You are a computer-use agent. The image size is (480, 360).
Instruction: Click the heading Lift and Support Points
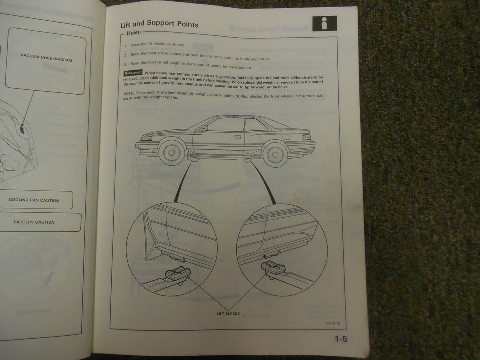pos(159,24)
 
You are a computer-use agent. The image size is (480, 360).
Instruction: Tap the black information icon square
pos(324,23)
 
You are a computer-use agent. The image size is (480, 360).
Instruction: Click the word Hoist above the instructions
pos(133,34)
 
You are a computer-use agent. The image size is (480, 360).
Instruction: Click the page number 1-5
pos(341,340)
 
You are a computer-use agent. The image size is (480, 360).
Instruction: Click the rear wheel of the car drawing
pos(276,153)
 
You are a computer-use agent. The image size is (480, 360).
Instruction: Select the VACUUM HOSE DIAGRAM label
pos(46,59)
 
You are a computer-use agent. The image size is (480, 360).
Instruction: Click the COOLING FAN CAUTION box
pos(34,200)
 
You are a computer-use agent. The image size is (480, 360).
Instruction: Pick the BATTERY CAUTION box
pos(34,222)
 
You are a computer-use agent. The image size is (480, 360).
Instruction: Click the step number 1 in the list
pos(126,45)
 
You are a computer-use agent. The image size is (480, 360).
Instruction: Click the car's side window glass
pos(227,125)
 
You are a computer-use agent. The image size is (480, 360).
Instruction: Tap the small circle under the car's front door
pos(194,158)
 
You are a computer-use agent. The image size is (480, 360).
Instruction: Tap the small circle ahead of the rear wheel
pos(247,159)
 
